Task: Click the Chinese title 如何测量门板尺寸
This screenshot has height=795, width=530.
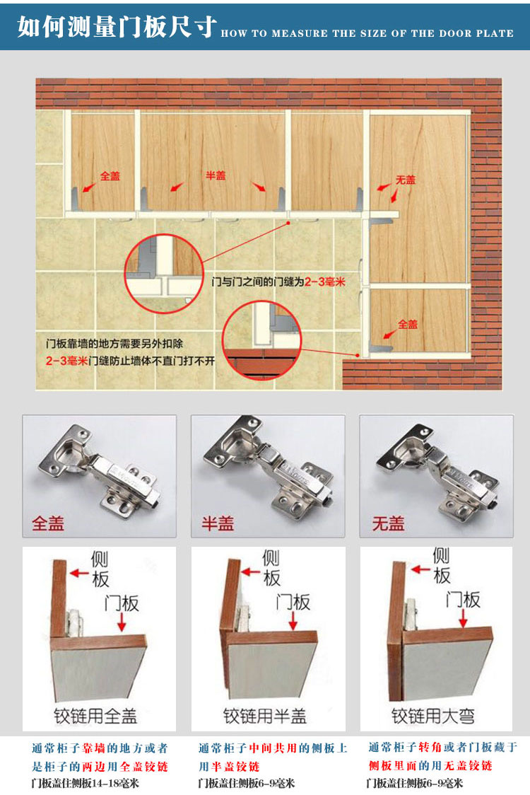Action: (x=117, y=26)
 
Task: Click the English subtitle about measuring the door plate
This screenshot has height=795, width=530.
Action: (x=367, y=33)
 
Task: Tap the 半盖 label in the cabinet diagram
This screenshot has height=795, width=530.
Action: (x=216, y=175)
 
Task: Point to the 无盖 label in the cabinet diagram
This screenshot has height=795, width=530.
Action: (x=406, y=180)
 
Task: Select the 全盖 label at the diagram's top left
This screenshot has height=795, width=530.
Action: (x=110, y=176)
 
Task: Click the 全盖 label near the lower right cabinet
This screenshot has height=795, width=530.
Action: (x=407, y=324)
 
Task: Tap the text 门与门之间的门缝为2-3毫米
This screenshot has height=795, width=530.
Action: (x=278, y=282)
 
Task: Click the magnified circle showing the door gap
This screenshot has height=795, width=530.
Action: (x=164, y=272)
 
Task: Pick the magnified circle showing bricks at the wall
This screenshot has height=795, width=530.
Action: (x=262, y=340)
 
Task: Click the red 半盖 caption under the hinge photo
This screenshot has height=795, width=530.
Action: (x=218, y=523)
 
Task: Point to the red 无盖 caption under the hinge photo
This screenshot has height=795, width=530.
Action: (x=388, y=523)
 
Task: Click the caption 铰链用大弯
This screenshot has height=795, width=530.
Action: (x=433, y=716)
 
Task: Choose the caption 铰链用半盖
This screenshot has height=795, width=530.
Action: (x=265, y=716)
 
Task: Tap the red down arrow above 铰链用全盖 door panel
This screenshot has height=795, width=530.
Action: (x=122, y=622)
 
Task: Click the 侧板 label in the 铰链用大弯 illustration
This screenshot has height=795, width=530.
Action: (x=442, y=566)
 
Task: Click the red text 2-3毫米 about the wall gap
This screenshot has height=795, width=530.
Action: (x=67, y=361)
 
